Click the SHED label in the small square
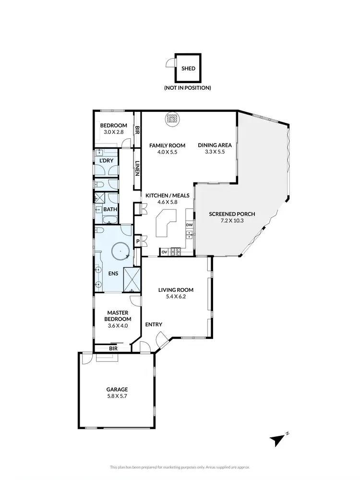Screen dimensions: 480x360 (188, 68)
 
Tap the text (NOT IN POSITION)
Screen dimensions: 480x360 (188, 88)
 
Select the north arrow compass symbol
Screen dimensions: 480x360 (278, 438)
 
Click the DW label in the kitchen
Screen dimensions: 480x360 (189, 225)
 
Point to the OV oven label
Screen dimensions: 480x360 (164, 252)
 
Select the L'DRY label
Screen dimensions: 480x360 (106, 160)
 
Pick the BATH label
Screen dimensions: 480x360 (110, 209)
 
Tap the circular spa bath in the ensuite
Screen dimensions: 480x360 (120, 251)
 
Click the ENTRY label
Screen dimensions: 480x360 (154, 324)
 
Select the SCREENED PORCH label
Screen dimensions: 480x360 (232, 214)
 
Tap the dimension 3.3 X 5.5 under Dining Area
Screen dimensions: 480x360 (215, 152)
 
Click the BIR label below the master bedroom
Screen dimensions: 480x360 (113, 348)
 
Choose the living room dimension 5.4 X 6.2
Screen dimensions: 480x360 (176, 297)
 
